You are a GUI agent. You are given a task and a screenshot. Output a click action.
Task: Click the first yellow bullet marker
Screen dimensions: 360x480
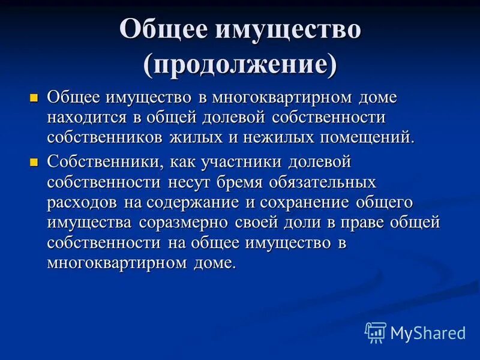[x=34, y=97]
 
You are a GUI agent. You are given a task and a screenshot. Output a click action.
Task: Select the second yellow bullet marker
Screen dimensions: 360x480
[x=34, y=162]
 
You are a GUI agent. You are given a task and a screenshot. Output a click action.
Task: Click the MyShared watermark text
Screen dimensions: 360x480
[x=428, y=332]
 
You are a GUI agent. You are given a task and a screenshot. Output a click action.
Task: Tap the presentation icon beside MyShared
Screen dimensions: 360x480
[x=376, y=332]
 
